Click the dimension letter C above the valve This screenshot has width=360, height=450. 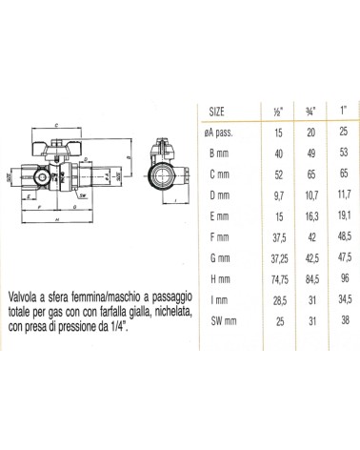(x=59, y=125)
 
